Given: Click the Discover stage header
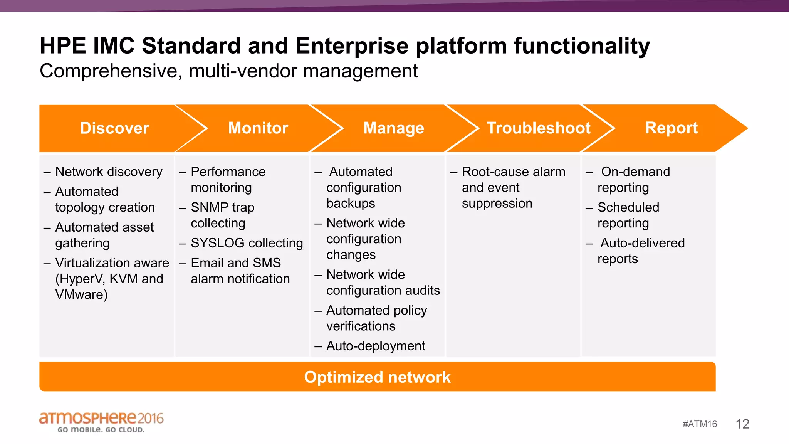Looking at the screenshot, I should click(x=114, y=128).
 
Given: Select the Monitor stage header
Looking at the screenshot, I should click(x=258, y=128).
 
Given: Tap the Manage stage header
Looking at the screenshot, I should click(x=393, y=128).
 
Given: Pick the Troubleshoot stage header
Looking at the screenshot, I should click(x=538, y=128).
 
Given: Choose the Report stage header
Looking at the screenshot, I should click(x=671, y=128).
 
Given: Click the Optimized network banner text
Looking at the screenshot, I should click(x=377, y=377).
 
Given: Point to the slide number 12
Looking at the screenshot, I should click(x=742, y=424).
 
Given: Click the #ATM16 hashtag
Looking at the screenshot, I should click(x=700, y=424).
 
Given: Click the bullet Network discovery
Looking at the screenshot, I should click(x=109, y=172).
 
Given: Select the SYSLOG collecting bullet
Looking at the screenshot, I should click(x=247, y=243).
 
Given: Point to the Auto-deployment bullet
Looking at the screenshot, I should click(x=376, y=346).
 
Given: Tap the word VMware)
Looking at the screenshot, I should click(x=81, y=294).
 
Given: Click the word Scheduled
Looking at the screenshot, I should click(x=628, y=207).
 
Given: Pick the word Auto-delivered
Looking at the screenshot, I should click(x=643, y=243).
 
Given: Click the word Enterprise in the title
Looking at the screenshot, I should click(x=352, y=45).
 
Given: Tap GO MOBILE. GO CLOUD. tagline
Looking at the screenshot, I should click(x=101, y=430).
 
